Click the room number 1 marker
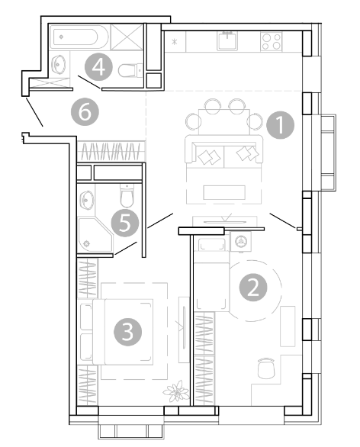pyautogui.click(x=280, y=125)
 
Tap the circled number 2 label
pyautogui.click(x=253, y=288)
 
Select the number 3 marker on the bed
pyautogui.click(x=127, y=332)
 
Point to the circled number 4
pyautogui.click(x=98, y=67)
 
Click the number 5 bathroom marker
pyautogui.click(x=125, y=223)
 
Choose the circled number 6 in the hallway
pyautogui.click(x=85, y=112)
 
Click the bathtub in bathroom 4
pyautogui.click(x=79, y=37)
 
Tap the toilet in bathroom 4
pyautogui.click(x=130, y=70)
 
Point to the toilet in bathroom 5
pyautogui.click(x=127, y=195)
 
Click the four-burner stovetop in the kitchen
pyautogui.click(x=271, y=42)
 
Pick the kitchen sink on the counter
pyautogui.click(x=227, y=41)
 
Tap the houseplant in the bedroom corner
pyautogui.click(x=176, y=391)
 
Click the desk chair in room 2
pyautogui.click(x=266, y=368)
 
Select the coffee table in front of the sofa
pyautogui.click(x=224, y=192)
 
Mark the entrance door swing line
pyautogui.click(x=34, y=112)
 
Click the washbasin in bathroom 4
pyautogui.click(x=59, y=64)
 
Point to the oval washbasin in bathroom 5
pyautogui.click(x=86, y=200)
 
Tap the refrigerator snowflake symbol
pyautogui.click(x=175, y=42)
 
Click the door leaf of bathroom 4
pyautogui.click(x=89, y=82)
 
